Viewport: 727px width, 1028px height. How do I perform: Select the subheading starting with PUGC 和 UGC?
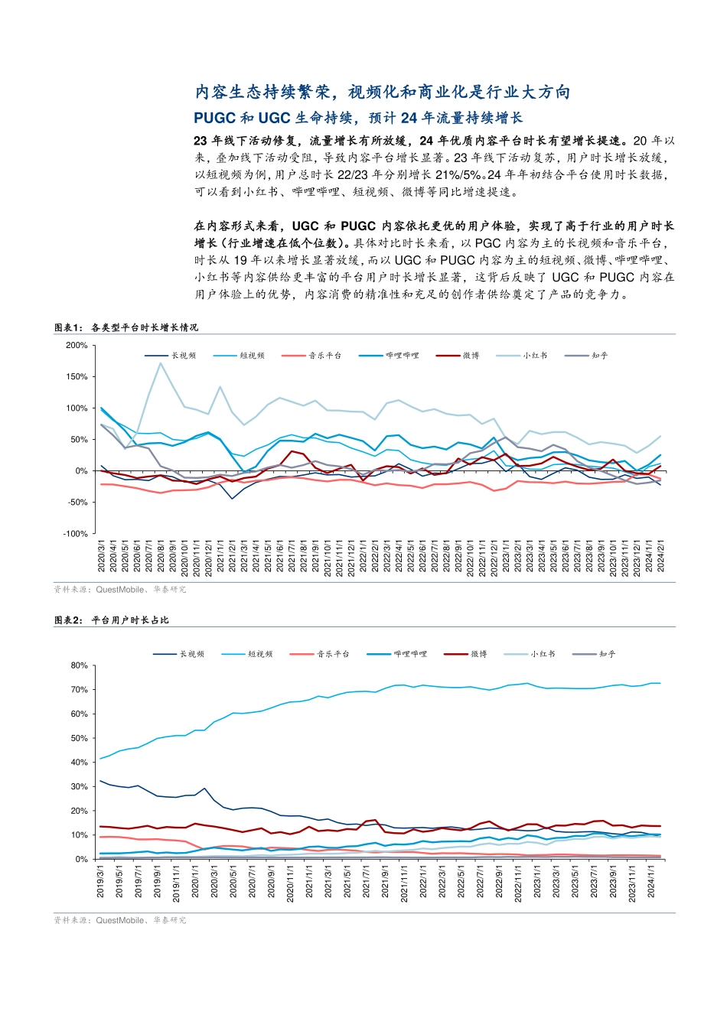357,118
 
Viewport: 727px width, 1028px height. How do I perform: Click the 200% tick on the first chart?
77,346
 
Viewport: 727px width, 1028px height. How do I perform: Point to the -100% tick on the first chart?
75,534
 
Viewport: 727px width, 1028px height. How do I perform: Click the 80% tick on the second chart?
79,665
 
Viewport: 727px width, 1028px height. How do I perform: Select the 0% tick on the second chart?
81,860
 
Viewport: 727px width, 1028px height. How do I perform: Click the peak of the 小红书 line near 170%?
160,363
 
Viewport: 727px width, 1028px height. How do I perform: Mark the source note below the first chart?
120,590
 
